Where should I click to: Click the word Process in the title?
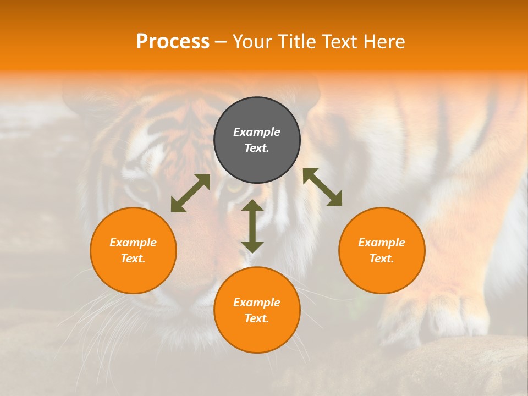click(173, 42)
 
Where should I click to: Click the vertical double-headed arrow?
click(252, 226)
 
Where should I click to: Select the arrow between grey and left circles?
click(190, 193)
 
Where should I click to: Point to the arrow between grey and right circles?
click(323, 187)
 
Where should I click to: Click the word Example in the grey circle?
click(257, 132)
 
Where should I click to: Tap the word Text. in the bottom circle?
click(257, 318)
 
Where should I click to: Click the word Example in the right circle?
click(382, 243)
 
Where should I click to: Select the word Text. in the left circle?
click(133, 258)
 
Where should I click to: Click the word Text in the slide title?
click(339, 42)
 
